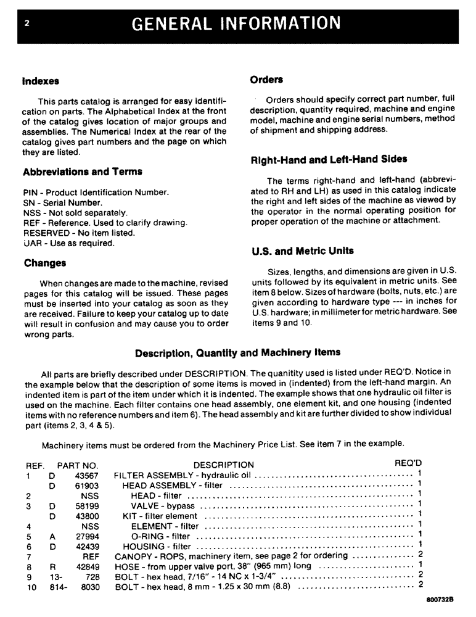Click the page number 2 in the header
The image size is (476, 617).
(27, 23)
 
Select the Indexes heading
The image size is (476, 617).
(41, 81)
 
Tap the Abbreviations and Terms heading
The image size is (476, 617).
(83, 172)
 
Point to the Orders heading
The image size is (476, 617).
(266, 80)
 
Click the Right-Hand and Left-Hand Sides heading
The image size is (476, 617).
(329, 159)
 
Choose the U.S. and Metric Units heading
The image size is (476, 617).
(303, 251)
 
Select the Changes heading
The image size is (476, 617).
(45, 263)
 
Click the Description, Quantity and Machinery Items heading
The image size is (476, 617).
(237, 353)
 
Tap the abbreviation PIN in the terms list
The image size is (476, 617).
(30, 193)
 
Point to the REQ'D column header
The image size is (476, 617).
(408, 464)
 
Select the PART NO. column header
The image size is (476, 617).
(78, 465)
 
